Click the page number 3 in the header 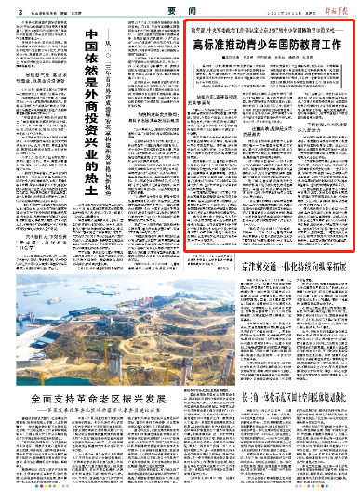tap(7, 7)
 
